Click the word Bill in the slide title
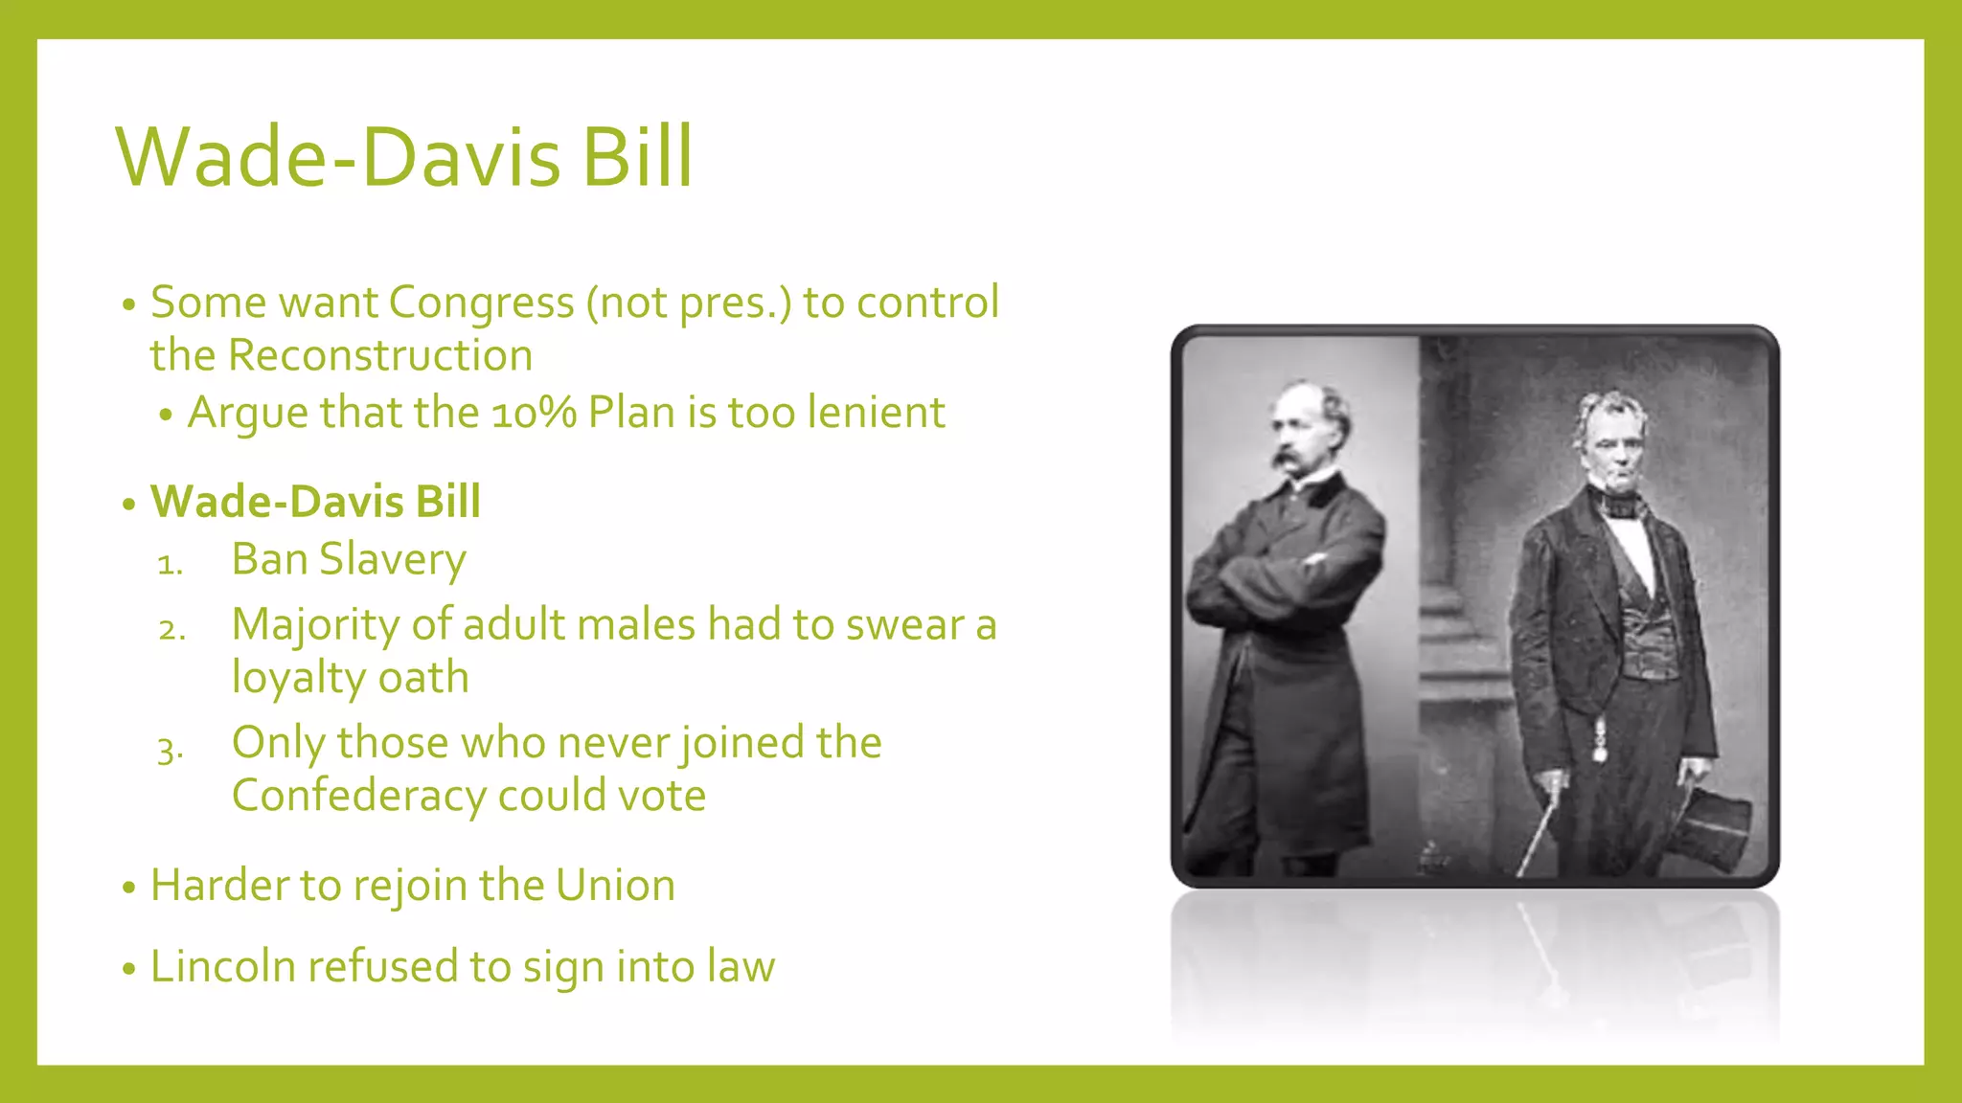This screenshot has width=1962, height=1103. coord(636,157)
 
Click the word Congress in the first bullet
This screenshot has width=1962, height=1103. coord(481,303)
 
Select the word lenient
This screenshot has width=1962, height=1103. coord(876,413)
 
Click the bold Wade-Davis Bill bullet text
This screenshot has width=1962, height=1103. coord(315,502)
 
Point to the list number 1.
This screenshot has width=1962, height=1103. coord(169,564)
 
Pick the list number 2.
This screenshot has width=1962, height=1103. coord(171,629)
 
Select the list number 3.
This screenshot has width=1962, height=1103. coord(170,748)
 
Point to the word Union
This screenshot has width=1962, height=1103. coord(615,886)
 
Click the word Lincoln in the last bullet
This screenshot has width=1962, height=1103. coord(222,966)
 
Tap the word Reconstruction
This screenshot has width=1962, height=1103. coord(379,355)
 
